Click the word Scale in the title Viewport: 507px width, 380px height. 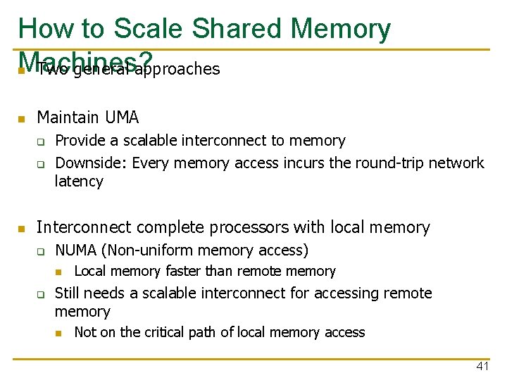click(x=149, y=29)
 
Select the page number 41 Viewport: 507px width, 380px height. click(x=482, y=366)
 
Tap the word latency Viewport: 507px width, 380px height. click(x=79, y=182)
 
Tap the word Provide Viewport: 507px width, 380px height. click(x=79, y=141)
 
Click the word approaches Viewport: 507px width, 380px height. click(x=177, y=69)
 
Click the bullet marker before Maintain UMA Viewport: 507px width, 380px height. click(x=22, y=118)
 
